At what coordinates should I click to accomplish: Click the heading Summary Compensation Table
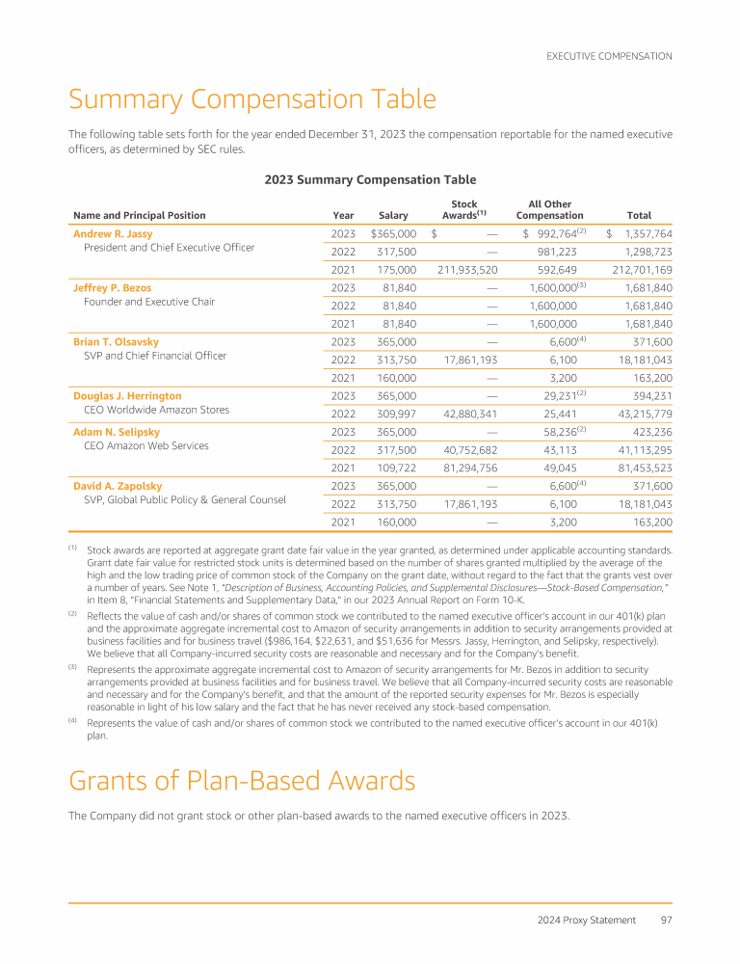(x=251, y=99)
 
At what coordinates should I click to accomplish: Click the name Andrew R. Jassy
(x=113, y=233)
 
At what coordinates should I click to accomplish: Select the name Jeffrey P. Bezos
(x=112, y=287)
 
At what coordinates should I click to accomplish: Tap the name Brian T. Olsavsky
(x=116, y=341)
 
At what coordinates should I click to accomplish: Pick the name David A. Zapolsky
(x=118, y=486)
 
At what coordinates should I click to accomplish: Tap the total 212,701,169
(x=634, y=270)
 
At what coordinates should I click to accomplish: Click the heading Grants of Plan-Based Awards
(x=242, y=780)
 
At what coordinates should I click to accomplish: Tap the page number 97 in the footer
(x=666, y=920)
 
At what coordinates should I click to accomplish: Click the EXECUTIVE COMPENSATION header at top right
(x=609, y=56)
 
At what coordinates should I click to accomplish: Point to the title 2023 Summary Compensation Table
(x=370, y=179)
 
